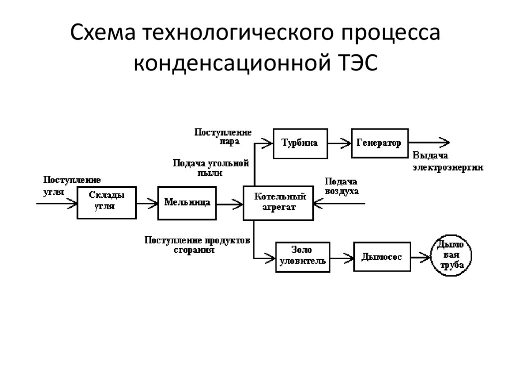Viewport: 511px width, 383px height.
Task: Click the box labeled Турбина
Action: point(299,143)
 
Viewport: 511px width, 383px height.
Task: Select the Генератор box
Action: point(379,143)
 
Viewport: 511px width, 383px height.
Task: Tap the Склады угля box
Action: point(106,203)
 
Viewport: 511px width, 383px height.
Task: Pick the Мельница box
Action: point(187,203)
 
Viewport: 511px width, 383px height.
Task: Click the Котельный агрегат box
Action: point(278,203)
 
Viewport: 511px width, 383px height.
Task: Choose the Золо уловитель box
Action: point(302,257)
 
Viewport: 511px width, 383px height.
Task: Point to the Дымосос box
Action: point(382,257)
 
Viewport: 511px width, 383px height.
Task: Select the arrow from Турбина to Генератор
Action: point(339,143)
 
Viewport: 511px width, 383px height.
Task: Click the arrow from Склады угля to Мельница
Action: point(147,203)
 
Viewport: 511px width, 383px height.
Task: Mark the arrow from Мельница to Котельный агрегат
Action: point(230,203)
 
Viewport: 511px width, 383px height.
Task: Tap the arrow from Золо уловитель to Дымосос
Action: point(342,258)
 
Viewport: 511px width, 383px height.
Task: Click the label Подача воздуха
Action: point(341,186)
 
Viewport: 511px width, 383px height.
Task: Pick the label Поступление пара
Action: point(223,136)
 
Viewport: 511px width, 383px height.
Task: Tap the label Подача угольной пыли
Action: point(210,168)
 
